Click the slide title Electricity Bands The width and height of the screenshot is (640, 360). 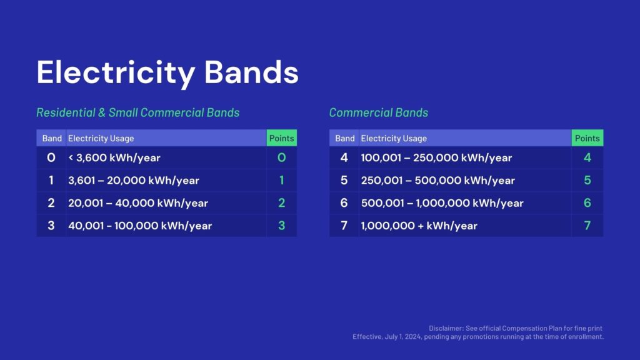click(167, 72)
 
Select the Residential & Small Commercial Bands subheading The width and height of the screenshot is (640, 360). click(138, 112)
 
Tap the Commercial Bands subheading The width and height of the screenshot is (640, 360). click(378, 112)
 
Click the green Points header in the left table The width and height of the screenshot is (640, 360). click(282, 138)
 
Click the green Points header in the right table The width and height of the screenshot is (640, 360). click(587, 138)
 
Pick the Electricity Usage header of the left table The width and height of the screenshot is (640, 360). click(101, 138)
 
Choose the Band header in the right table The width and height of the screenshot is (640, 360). click(345, 138)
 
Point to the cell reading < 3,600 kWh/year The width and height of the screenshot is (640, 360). click(114, 157)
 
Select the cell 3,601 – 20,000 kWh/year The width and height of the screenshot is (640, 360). click(134, 181)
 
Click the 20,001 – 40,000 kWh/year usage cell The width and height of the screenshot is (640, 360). click(138, 203)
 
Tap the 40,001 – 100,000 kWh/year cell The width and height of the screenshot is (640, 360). click(140, 226)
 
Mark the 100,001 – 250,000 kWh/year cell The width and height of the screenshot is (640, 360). click(436, 157)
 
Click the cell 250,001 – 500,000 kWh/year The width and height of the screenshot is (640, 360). click(438, 181)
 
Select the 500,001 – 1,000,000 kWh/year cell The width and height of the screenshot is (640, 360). click(442, 203)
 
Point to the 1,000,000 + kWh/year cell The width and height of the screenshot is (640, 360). click(419, 226)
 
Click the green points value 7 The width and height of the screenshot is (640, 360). click(587, 225)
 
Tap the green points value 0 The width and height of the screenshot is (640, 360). click(282, 157)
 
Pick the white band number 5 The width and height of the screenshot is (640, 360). click(344, 180)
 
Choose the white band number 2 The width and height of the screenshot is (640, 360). click(51, 203)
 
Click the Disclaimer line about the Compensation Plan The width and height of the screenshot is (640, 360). click(516, 328)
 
